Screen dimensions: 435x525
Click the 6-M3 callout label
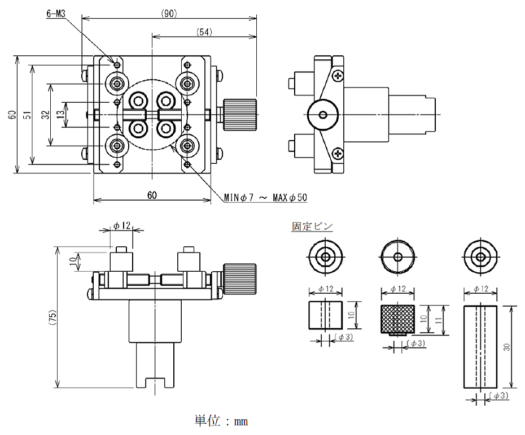(x=56, y=12)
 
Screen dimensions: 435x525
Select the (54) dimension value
(x=204, y=33)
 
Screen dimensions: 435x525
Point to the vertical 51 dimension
(x=27, y=115)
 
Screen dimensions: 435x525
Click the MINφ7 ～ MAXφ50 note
(x=265, y=198)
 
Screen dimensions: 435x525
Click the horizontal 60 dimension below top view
(x=152, y=195)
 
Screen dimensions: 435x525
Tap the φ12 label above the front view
(x=121, y=226)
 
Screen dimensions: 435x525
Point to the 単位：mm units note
(x=221, y=421)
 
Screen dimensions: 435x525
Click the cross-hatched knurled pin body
(x=398, y=319)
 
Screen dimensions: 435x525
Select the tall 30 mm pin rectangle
(x=479, y=346)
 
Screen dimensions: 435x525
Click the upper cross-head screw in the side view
(x=338, y=75)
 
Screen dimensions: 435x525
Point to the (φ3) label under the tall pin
(x=500, y=395)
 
